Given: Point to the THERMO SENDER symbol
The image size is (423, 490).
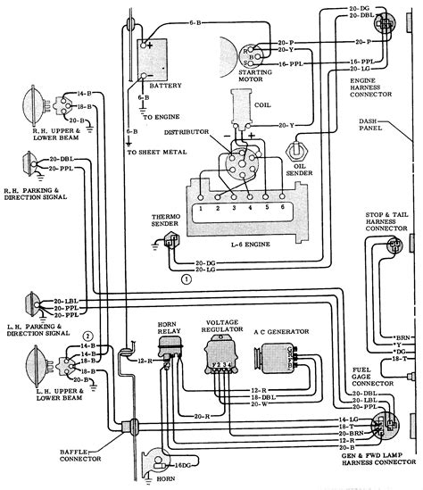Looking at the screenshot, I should (x=171, y=240).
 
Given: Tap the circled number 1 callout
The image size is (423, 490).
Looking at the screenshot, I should (x=185, y=278).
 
